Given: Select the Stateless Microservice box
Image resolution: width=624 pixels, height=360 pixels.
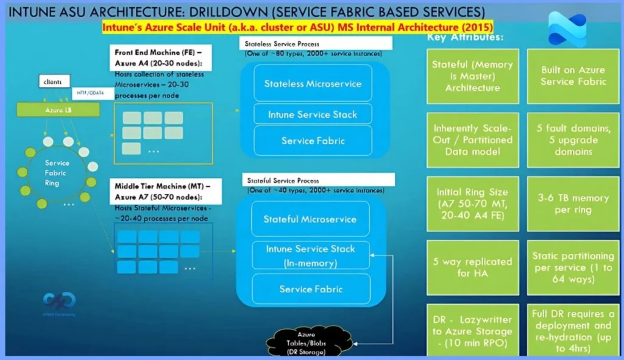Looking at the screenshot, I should pyautogui.click(x=313, y=83).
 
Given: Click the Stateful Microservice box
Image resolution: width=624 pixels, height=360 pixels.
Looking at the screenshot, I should pyautogui.click(x=310, y=219).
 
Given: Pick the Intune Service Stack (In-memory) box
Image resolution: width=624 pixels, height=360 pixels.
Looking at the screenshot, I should pyautogui.click(x=310, y=255).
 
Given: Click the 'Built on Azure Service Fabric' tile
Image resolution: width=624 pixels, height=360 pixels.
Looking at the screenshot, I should pyautogui.click(x=573, y=76).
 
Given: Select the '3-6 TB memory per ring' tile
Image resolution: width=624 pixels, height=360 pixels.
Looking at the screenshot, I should pyautogui.click(x=573, y=204).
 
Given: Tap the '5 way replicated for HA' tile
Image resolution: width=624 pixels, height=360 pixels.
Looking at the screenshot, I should pyautogui.click(x=472, y=267).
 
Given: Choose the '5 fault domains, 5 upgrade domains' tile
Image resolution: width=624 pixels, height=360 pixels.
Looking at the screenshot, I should pyautogui.click(x=573, y=139).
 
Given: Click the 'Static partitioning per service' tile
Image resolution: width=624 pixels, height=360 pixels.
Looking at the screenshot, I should pyautogui.click(x=573, y=267).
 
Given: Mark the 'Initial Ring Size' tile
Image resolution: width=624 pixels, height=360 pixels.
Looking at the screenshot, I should pyautogui.click(x=472, y=204).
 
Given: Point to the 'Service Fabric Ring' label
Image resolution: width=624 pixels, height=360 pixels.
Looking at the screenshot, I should pyautogui.click(x=57, y=173).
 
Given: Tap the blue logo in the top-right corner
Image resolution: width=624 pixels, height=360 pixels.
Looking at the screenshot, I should pyautogui.click(x=566, y=29).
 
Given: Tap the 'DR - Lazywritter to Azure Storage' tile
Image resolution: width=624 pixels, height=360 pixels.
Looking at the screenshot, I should pyautogui.click(x=472, y=331).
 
